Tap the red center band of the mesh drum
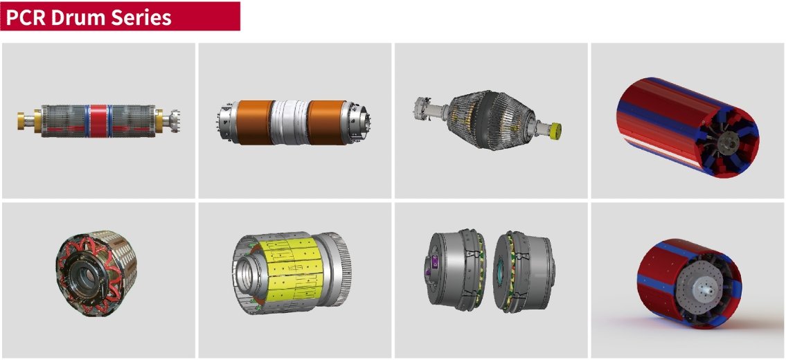coord(99,121)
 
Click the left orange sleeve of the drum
coord(255,123)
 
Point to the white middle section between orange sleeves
coord(291,122)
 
